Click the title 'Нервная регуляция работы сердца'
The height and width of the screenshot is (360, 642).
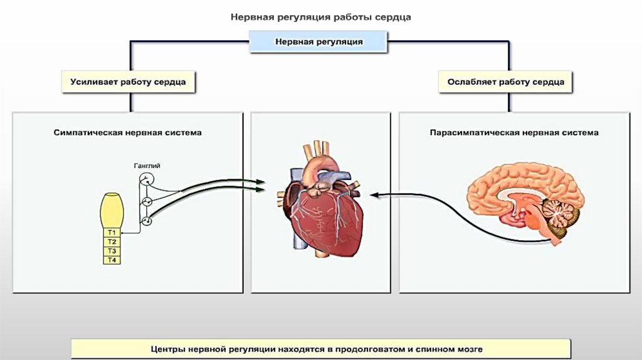click(321, 18)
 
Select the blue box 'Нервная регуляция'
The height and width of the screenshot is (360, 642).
click(319, 42)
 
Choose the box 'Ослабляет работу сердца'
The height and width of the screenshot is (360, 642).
click(506, 82)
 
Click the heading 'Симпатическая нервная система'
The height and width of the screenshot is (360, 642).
click(128, 133)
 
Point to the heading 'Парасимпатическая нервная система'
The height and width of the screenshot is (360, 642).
click(514, 133)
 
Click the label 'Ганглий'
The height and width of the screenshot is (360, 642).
click(147, 166)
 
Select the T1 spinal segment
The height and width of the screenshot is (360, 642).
click(112, 233)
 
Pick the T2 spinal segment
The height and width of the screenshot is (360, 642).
click(112, 242)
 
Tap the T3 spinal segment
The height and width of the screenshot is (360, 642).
click(112, 251)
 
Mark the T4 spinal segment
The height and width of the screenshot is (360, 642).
click(112, 260)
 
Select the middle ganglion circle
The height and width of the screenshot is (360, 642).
click(146, 201)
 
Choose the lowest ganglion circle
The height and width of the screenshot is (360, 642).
click(146, 221)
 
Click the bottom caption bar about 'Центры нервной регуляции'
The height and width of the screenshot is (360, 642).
click(320, 348)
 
